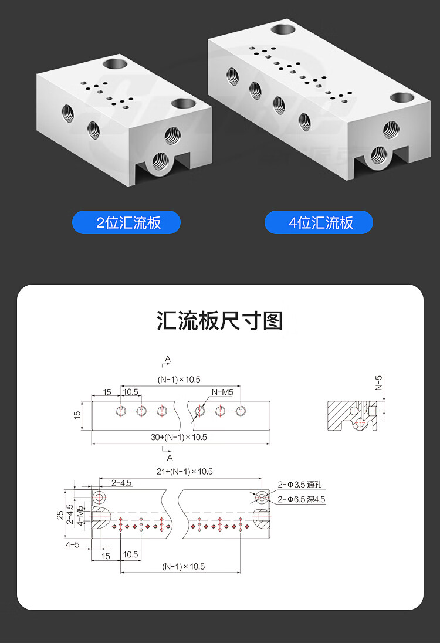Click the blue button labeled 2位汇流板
[126, 222]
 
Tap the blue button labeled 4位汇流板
[319, 222]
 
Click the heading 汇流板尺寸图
[220, 321]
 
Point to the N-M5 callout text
[222, 392]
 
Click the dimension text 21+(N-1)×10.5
[184, 471]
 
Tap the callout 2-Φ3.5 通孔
[300, 485]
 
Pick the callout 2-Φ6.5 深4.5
[302, 499]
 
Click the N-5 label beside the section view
[379, 383]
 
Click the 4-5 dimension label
[73, 544]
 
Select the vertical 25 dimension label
[60, 514]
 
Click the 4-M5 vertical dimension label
[80, 517]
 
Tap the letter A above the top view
[168, 358]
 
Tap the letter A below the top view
[170, 456]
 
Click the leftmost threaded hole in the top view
[121, 411]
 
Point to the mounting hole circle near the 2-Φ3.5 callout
[262, 498]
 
